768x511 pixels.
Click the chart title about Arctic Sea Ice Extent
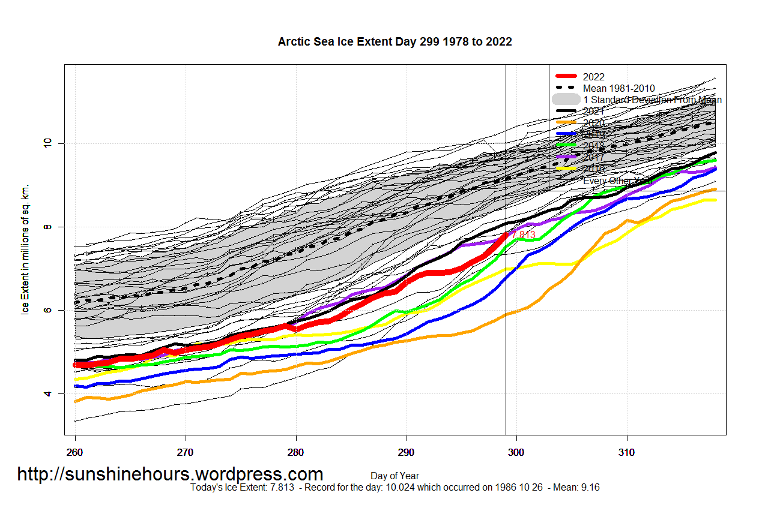tap(395, 41)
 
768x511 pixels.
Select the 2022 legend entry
tap(593, 77)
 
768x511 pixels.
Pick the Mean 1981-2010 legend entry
tap(618, 88)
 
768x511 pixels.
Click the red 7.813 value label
tap(524, 235)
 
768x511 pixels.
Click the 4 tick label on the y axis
tap(47, 394)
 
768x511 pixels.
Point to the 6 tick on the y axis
tap(47, 311)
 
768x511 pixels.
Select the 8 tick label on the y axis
tap(47, 227)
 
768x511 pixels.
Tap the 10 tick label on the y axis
tap(47, 143)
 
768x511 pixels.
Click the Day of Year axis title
tap(395, 476)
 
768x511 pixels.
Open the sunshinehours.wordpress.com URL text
tap(170, 474)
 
